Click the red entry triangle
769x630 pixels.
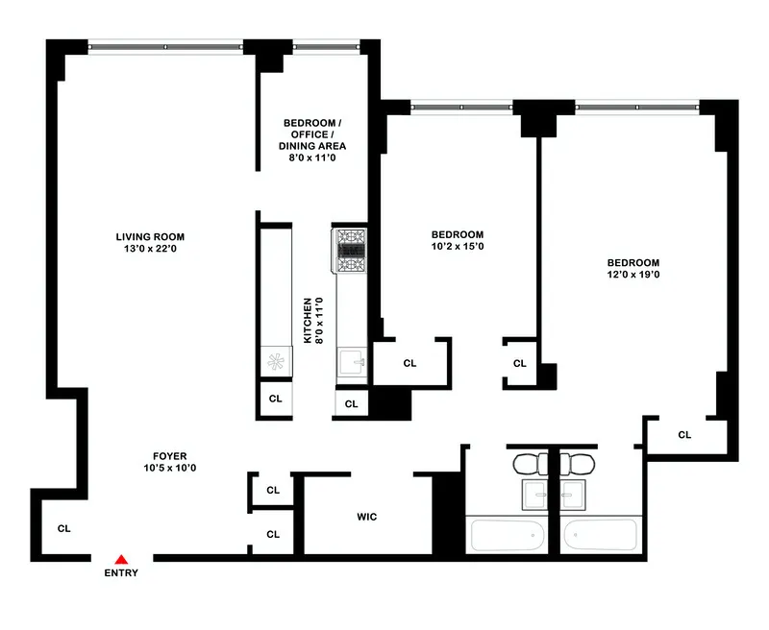point(121,559)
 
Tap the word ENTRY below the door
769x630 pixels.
point(121,573)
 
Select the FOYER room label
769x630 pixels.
point(169,456)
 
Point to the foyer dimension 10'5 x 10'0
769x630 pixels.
point(169,469)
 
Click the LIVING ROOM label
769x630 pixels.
point(150,237)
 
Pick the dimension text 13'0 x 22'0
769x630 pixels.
point(150,250)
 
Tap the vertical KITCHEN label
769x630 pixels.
point(309,321)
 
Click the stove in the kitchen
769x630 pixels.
point(350,250)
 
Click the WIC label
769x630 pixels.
point(366,517)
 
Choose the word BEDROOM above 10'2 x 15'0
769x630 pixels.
point(457,234)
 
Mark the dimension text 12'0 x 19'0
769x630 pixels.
point(633,275)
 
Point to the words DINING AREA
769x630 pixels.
point(312,146)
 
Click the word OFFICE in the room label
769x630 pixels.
point(310,134)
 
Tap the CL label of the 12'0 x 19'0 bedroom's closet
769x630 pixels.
point(684,435)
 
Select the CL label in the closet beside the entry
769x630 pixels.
point(63,528)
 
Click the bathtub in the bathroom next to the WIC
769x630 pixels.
point(506,534)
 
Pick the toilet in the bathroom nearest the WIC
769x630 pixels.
point(528,464)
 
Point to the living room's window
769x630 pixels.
point(164,43)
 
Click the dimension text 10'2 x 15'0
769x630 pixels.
point(457,247)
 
